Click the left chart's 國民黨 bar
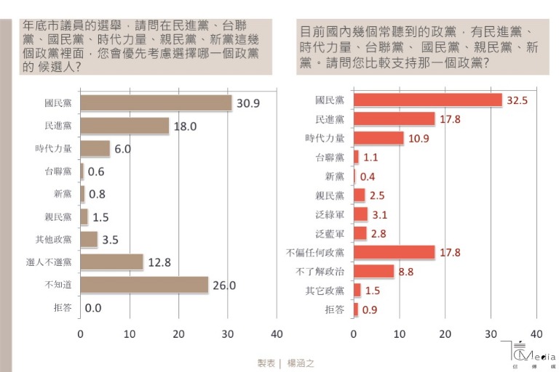pos(156,103)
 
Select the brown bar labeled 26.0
pos(144,285)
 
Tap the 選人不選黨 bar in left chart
pos(111,262)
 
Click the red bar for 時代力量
pos(378,138)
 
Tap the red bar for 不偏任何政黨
pos(394,253)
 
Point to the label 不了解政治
pos(325,272)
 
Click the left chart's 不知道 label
pos(58,285)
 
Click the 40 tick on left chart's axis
pos(277,334)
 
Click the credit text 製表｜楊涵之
pos(285,362)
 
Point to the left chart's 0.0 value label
pos(94,308)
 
